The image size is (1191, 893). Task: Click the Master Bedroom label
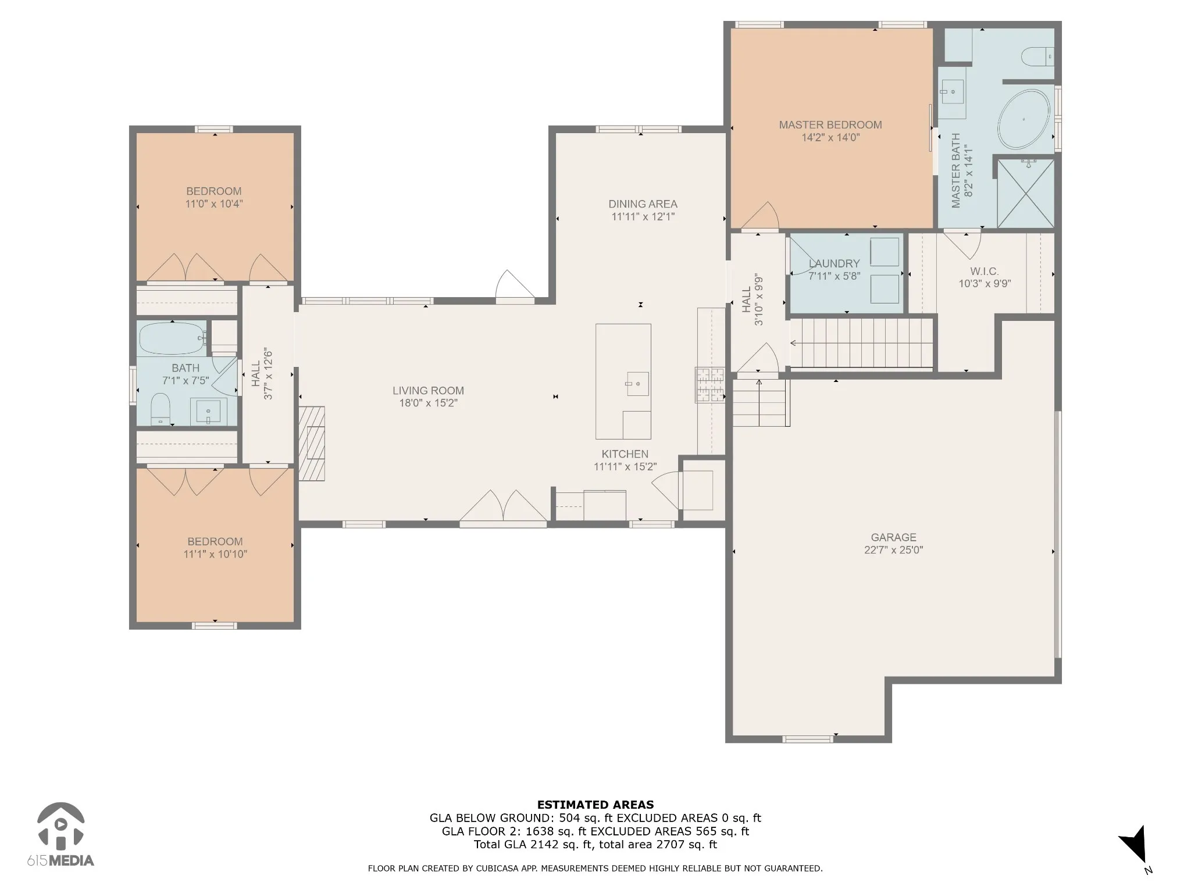pyautogui.click(x=830, y=124)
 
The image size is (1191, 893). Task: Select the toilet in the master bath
pyautogui.click(x=1037, y=56)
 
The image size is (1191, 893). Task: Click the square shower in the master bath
pyautogui.click(x=1025, y=193)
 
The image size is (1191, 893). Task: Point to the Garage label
pyautogui.click(x=893, y=537)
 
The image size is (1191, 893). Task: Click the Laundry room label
pyautogui.click(x=834, y=263)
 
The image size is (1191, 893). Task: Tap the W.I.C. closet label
pyautogui.click(x=985, y=272)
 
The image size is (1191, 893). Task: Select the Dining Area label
pyautogui.click(x=643, y=204)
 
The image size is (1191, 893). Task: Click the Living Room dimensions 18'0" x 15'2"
pyautogui.click(x=428, y=403)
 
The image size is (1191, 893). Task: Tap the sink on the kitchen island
pyautogui.click(x=637, y=384)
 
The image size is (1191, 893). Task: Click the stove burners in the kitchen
pyautogui.click(x=710, y=385)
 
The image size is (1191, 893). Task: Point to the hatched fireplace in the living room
pyautogui.click(x=312, y=444)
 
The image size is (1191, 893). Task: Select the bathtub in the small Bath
pyautogui.click(x=172, y=338)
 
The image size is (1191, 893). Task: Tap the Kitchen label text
pyautogui.click(x=625, y=454)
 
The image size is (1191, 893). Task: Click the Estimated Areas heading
pyautogui.click(x=595, y=805)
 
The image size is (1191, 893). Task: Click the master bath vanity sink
pyautogui.click(x=952, y=91)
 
